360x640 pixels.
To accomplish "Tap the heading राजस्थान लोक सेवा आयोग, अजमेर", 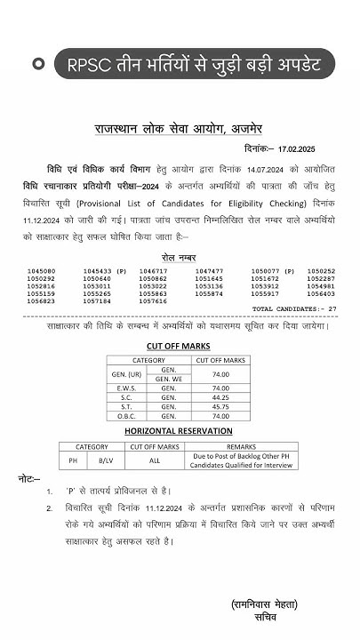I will pos(181,129).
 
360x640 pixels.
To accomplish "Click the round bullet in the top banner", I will pos(38,64).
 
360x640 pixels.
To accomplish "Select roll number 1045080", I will pos(42,270).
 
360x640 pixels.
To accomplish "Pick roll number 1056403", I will pos(321,293).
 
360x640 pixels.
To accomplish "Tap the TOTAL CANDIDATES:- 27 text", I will pos(294,308).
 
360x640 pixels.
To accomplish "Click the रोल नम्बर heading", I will pos(180,256).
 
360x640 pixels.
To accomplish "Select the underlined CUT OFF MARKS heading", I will pos(180,346).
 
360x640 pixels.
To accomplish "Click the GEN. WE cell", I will pos(169,379).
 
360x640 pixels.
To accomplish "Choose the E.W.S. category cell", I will pos(124,388).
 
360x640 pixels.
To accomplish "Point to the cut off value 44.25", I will pos(220,398).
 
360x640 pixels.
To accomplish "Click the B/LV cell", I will pos(106,460).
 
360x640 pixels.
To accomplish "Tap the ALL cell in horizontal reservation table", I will pos(155,460).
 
